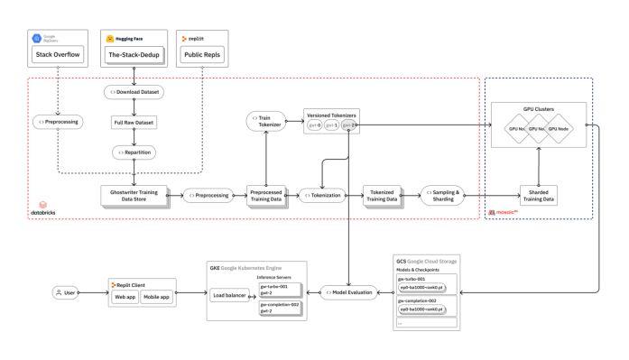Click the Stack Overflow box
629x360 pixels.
click(x=58, y=54)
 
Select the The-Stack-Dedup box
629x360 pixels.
click(x=134, y=54)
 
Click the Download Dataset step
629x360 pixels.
click(x=134, y=91)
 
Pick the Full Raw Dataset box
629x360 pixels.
click(x=134, y=122)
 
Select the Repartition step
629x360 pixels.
click(x=134, y=152)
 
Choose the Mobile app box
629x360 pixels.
click(x=157, y=296)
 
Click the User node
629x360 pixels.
click(x=66, y=292)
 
